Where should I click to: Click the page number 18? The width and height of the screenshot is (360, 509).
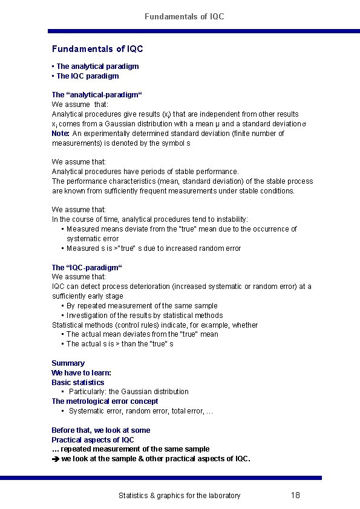pos(295,495)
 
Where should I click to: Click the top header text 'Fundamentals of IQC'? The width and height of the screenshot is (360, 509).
pos(184,16)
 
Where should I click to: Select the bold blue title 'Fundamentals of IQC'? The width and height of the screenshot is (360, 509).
pos(97,48)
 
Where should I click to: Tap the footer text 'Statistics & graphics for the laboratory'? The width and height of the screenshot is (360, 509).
pos(179,496)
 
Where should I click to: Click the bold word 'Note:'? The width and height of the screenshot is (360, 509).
pos(61,134)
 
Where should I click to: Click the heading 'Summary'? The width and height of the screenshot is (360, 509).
pos(68,363)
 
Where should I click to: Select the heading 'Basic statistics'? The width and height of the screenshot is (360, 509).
pos(77,383)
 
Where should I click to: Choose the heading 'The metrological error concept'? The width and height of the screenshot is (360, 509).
pos(105,401)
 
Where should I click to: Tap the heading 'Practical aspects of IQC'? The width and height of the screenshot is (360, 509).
pos(93,440)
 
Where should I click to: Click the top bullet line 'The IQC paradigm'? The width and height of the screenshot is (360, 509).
pos(87,76)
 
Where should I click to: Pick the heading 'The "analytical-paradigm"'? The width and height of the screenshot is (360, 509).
pos(88,95)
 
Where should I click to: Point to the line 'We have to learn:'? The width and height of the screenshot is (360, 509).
pos(81,373)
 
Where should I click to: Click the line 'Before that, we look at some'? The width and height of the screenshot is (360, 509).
pos(101,430)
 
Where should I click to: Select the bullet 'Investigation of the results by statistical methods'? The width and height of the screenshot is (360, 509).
pos(144,316)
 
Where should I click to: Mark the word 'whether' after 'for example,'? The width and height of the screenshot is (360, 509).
pos(244,325)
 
